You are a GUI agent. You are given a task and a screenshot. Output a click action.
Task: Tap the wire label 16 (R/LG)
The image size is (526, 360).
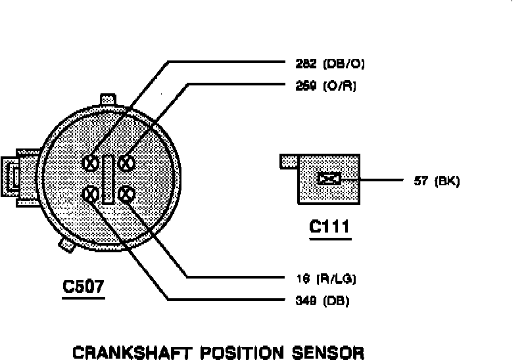coord(325,279)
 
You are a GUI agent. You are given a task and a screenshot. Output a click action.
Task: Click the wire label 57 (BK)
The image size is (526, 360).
coord(437,181)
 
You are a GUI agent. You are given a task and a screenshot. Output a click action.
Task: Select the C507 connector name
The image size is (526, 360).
coord(83,287)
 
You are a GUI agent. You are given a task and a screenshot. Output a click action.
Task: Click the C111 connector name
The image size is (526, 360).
coord(329,228)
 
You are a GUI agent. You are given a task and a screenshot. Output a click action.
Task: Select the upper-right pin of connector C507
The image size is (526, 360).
coord(127,162)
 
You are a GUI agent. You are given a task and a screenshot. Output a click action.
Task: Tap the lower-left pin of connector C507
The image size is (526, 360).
coord(92,194)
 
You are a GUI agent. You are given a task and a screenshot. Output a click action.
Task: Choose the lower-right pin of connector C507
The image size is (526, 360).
coord(127,194)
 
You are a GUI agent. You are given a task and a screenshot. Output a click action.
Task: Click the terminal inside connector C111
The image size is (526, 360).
coord(329,179)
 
